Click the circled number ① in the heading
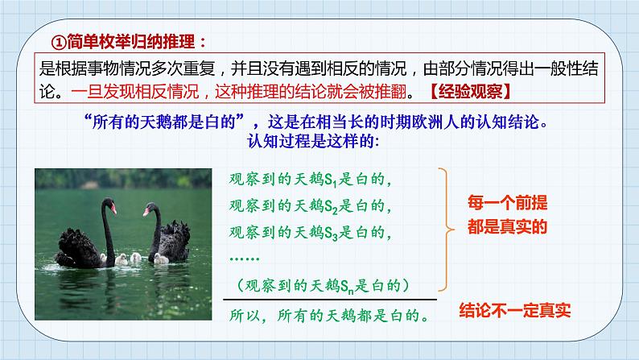(59, 42)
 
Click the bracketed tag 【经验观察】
(470, 92)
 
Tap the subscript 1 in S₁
(335, 184)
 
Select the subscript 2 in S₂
(335, 211)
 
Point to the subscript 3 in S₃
(335, 238)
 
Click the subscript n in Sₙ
(350, 291)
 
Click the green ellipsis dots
(245, 259)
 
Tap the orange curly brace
(446, 230)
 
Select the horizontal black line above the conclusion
(330, 300)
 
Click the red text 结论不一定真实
(515, 311)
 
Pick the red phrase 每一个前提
(507, 203)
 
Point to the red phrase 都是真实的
(507, 226)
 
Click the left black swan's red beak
(113, 209)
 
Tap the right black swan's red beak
(146, 212)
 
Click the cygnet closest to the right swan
(162, 259)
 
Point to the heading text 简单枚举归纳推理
(131, 42)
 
